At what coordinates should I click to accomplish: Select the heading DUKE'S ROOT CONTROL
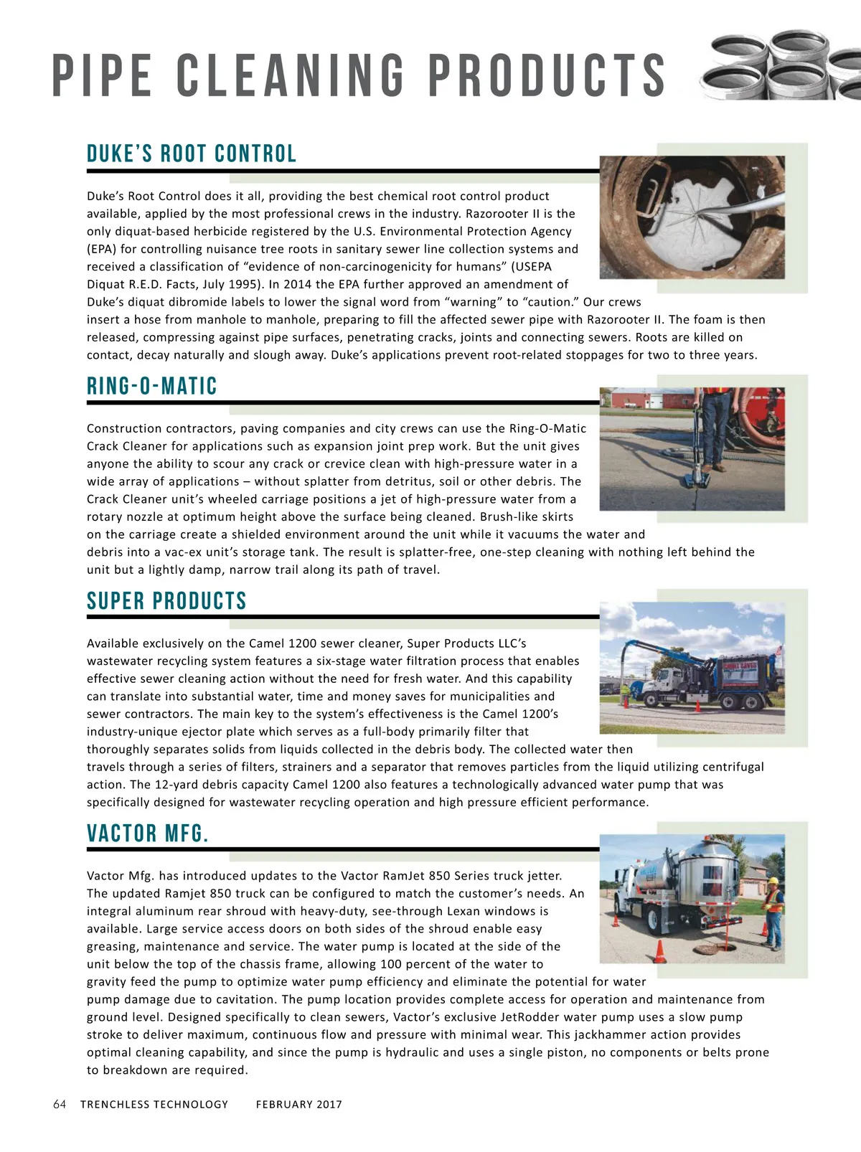pyautogui.click(x=192, y=154)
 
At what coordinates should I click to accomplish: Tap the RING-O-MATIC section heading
pyautogui.click(x=152, y=387)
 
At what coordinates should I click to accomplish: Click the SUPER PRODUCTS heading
pyautogui.click(x=166, y=601)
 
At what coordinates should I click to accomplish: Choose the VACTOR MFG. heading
pyautogui.click(x=148, y=834)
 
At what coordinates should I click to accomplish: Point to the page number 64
pyautogui.click(x=60, y=1105)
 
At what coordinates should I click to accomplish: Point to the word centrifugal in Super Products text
pyautogui.click(x=733, y=767)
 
